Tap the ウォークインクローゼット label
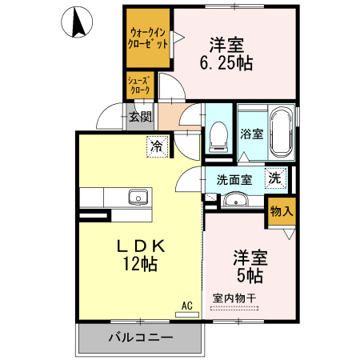click(x=148, y=39)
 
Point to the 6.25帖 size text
click(x=226, y=63)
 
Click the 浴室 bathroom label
click(x=252, y=134)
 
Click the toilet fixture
click(x=217, y=138)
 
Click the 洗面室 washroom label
click(x=234, y=179)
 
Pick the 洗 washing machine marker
click(x=274, y=178)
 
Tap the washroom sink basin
click(x=234, y=201)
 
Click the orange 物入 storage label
click(x=282, y=211)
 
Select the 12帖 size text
click(x=139, y=263)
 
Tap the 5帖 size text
click(x=250, y=276)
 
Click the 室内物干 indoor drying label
click(x=234, y=299)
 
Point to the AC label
click(x=187, y=305)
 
